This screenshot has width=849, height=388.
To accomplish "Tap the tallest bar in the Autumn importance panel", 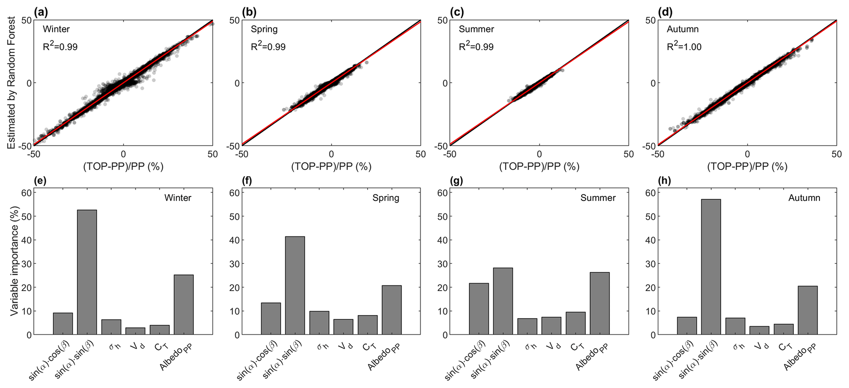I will click(711, 267).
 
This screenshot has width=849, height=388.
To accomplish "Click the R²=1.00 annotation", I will click(684, 47).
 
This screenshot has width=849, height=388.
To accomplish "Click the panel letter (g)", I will click(456, 181).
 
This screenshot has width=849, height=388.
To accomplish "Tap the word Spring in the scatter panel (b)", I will click(264, 29).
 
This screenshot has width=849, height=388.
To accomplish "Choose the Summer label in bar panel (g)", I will click(598, 198).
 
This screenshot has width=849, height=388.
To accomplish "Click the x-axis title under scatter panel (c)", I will click(539, 166).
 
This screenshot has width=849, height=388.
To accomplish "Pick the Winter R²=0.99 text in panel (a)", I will click(60, 47).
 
